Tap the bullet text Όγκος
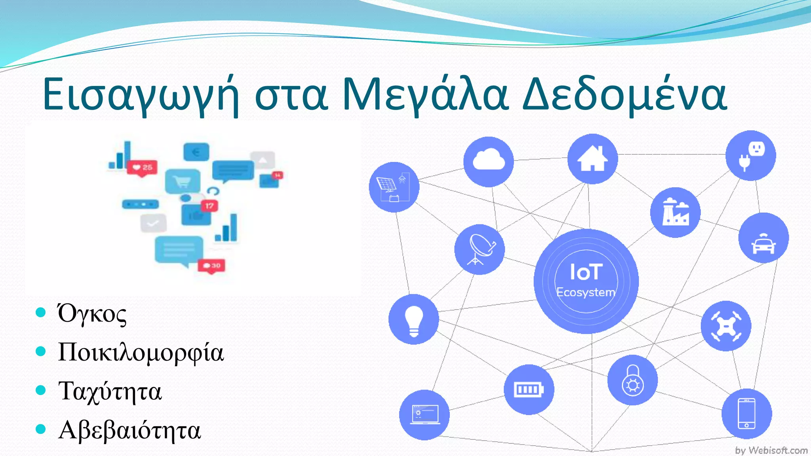pyautogui.click(x=92, y=314)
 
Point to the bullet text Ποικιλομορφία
pyautogui.click(x=141, y=352)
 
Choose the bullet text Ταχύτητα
pyautogui.click(x=110, y=391)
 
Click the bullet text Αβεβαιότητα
pyautogui.click(x=129, y=430)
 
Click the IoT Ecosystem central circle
pyautogui.click(x=586, y=281)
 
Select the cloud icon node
pyautogui.click(x=489, y=161)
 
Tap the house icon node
pyautogui.click(x=592, y=158)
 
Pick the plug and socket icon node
pyautogui.click(x=750, y=156)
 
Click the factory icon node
pyautogui.click(x=675, y=213)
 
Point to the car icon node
pyautogui.click(x=763, y=238)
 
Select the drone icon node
pyautogui.click(x=726, y=326)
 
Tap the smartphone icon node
pyautogui.click(x=746, y=414)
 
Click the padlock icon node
pyautogui.click(x=632, y=380)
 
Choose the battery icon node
pyautogui.click(x=529, y=389)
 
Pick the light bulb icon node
pyautogui.click(x=414, y=319)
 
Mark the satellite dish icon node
pyautogui.click(x=480, y=249)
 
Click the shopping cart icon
pyautogui.click(x=183, y=182)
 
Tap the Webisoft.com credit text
pyautogui.click(x=771, y=450)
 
